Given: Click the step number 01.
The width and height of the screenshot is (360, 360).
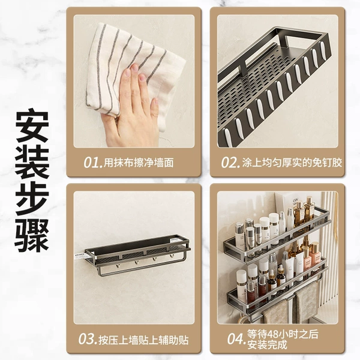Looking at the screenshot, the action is pos(92,163).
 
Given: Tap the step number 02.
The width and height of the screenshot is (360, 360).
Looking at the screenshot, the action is pos(230,163).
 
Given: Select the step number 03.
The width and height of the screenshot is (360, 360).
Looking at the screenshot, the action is pos(87,339).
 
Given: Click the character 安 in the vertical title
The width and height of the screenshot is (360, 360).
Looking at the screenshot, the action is pos(32,125).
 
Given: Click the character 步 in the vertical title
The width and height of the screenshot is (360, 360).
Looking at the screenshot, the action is pos(32,199).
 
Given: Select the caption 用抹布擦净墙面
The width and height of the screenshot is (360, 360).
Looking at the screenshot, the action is pos(139,163).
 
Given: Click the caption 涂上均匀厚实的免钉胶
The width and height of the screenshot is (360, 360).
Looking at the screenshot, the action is pos(292,163).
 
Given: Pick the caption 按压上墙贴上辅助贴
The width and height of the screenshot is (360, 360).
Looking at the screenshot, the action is pos(143,340).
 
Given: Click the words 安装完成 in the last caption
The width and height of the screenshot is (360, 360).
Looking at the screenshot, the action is pos(268,344).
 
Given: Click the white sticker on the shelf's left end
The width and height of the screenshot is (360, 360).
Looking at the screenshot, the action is pos(81,256).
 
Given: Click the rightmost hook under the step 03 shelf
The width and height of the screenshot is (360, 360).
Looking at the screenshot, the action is pos(171,257).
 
